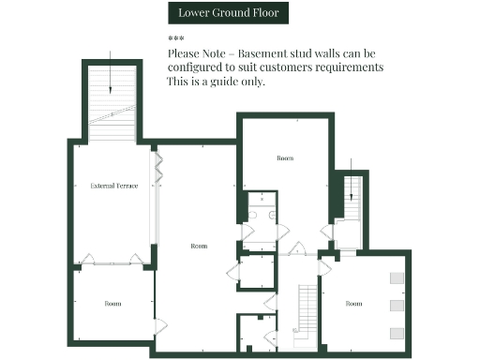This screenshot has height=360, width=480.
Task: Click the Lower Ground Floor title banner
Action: [228, 13]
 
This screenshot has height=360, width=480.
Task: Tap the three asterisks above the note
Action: [175, 38]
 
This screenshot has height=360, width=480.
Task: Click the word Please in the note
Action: [186, 53]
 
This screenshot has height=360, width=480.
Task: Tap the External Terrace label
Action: [114, 187]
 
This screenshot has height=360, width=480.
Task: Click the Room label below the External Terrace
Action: [112, 304]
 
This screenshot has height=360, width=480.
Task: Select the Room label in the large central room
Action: [199, 246]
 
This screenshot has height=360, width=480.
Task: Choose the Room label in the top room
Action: [285, 158]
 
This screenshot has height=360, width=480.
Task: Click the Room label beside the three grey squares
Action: [353, 304]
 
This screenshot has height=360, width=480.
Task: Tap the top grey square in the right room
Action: [396, 277]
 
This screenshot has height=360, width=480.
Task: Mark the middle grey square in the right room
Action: [396, 306]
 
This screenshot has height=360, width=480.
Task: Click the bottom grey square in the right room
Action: [396, 333]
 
